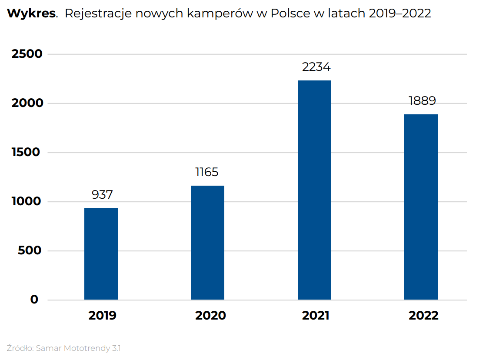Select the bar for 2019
tap(101, 254)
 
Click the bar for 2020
tap(207, 243)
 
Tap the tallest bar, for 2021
tap(314, 190)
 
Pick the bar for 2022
tap(421, 207)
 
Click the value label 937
tap(102, 194)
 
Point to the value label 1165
tap(207, 172)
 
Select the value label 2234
tap(316, 67)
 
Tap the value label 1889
tap(422, 101)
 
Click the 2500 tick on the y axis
tap(27, 54)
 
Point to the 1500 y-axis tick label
tap(27, 152)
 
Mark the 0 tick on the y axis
tap(34, 300)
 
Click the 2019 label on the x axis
tap(102, 315)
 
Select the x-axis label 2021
tap(316, 315)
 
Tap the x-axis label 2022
tap(423, 315)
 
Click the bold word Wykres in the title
tap(31, 13)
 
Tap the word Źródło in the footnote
tap(20, 348)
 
